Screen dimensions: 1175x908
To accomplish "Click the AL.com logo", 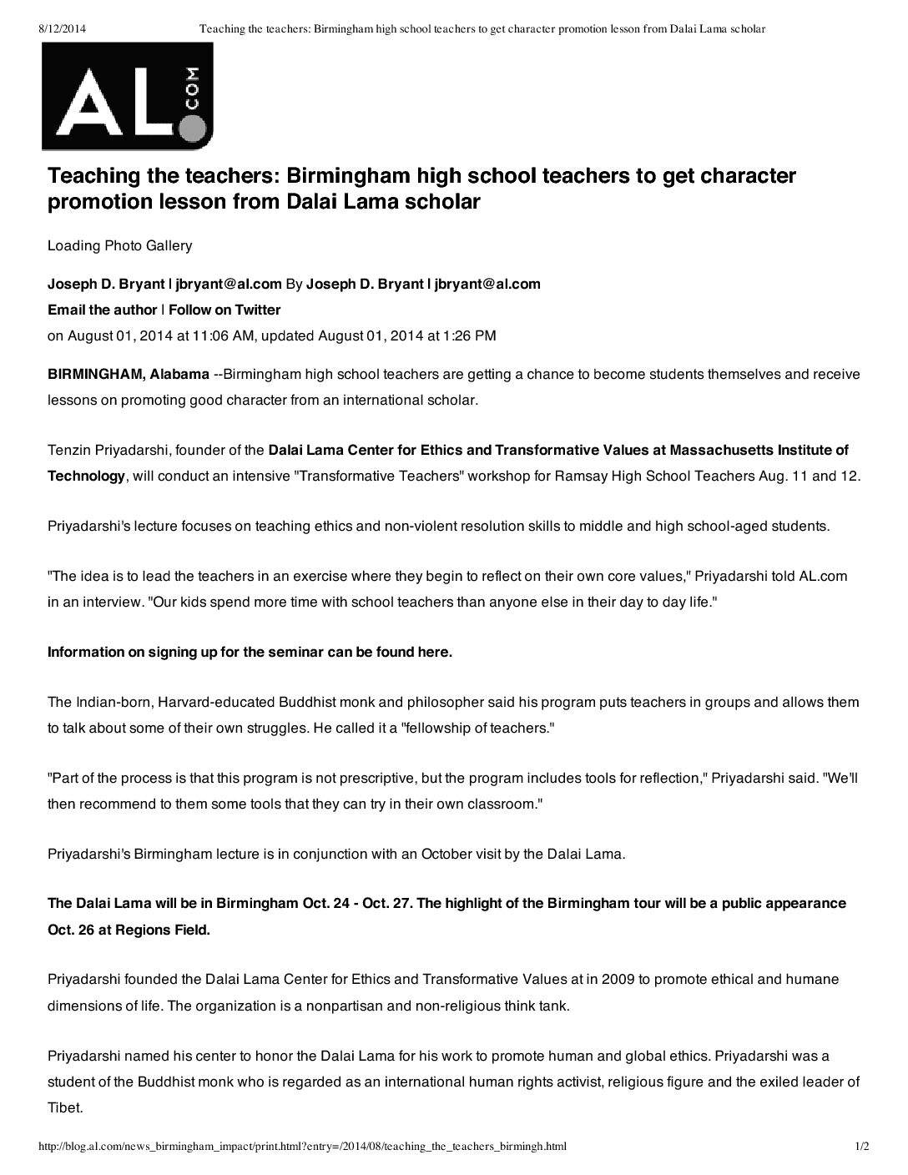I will click(x=128, y=96).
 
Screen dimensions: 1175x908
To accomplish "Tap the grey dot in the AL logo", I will click(x=192, y=128).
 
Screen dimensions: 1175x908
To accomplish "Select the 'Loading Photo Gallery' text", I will click(x=119, y=245).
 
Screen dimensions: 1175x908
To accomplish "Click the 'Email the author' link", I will click(x=102, y=310).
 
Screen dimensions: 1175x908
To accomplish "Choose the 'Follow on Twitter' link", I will click(x=224, y=310).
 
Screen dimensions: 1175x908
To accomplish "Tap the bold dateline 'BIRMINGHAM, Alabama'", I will click(x=129, y=374).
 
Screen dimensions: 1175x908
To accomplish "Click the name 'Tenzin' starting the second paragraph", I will click(x=68, y=451).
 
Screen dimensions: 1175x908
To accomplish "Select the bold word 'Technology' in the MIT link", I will click(x=86, y=476).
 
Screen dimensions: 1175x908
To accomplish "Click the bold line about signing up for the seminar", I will click(x=250, y=652).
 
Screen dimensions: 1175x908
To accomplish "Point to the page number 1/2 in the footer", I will click(x=862, y=1147).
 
